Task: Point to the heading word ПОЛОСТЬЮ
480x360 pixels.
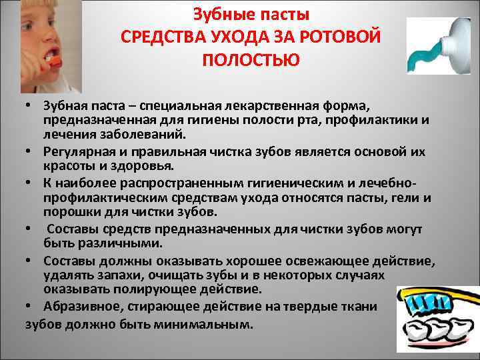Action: pos(250,60)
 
